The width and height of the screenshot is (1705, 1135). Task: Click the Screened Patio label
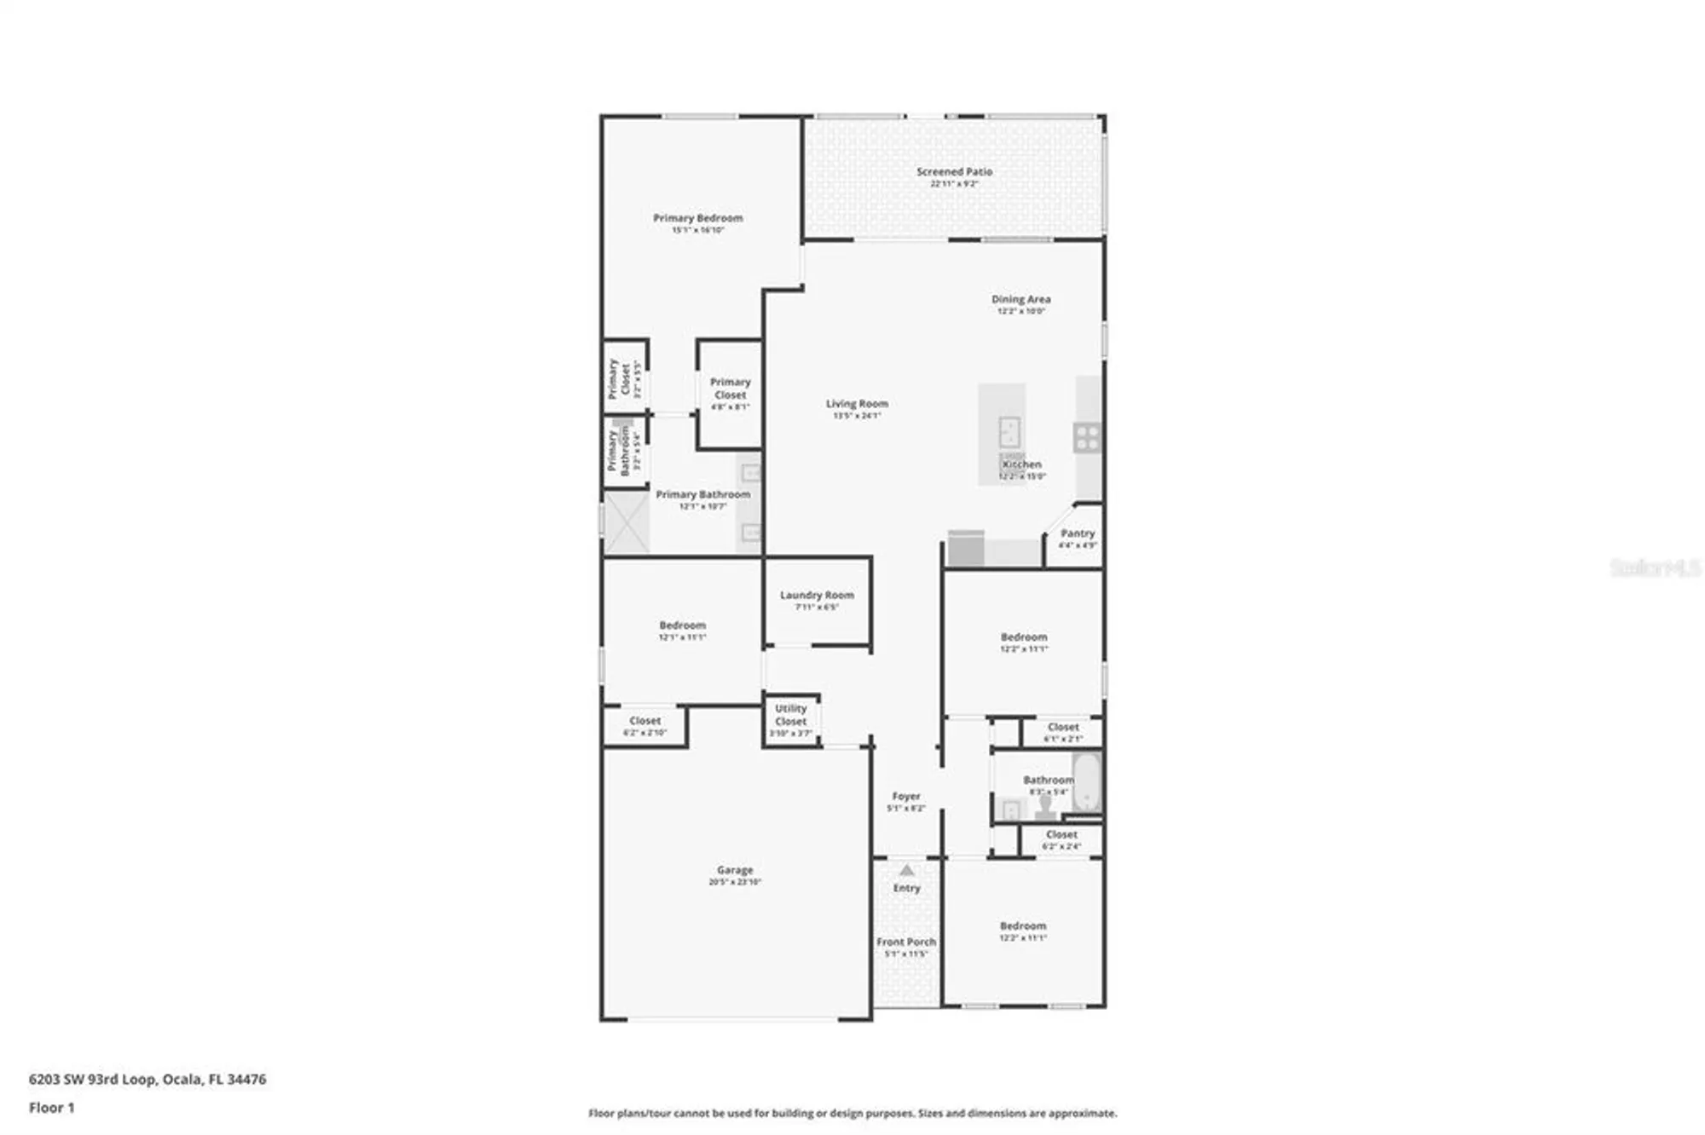coord(954,172)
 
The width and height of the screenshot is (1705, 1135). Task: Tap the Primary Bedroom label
coord(697,219)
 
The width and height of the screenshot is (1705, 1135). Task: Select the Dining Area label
coord(1020,300)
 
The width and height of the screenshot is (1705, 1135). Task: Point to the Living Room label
coord(857,404)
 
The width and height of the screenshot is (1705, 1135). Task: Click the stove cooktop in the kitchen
coord(1087,437)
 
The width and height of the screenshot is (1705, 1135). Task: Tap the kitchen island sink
coord(1009,432)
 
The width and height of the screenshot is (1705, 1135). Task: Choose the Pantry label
coord(1078,533)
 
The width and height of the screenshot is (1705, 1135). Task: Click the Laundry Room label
coord(817,596)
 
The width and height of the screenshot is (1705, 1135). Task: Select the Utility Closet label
coord(791,715)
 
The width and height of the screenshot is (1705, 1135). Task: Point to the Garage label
coord(735,871)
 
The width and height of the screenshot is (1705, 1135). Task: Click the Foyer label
coord(906,797)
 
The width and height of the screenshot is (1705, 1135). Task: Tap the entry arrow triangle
coord(907,870)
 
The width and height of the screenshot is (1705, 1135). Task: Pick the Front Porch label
coord(906,942)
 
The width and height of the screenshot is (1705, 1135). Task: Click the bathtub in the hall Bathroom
coord(1087,782)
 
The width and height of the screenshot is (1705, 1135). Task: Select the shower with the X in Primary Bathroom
coord(627,521)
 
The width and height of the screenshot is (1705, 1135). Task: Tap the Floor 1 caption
coord(52,1108)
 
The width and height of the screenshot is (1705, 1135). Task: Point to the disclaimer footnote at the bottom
coord(852,1113)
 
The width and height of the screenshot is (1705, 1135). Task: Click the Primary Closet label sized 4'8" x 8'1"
coord(731,389)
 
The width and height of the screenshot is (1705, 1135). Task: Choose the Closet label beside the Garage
coord(644,722)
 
